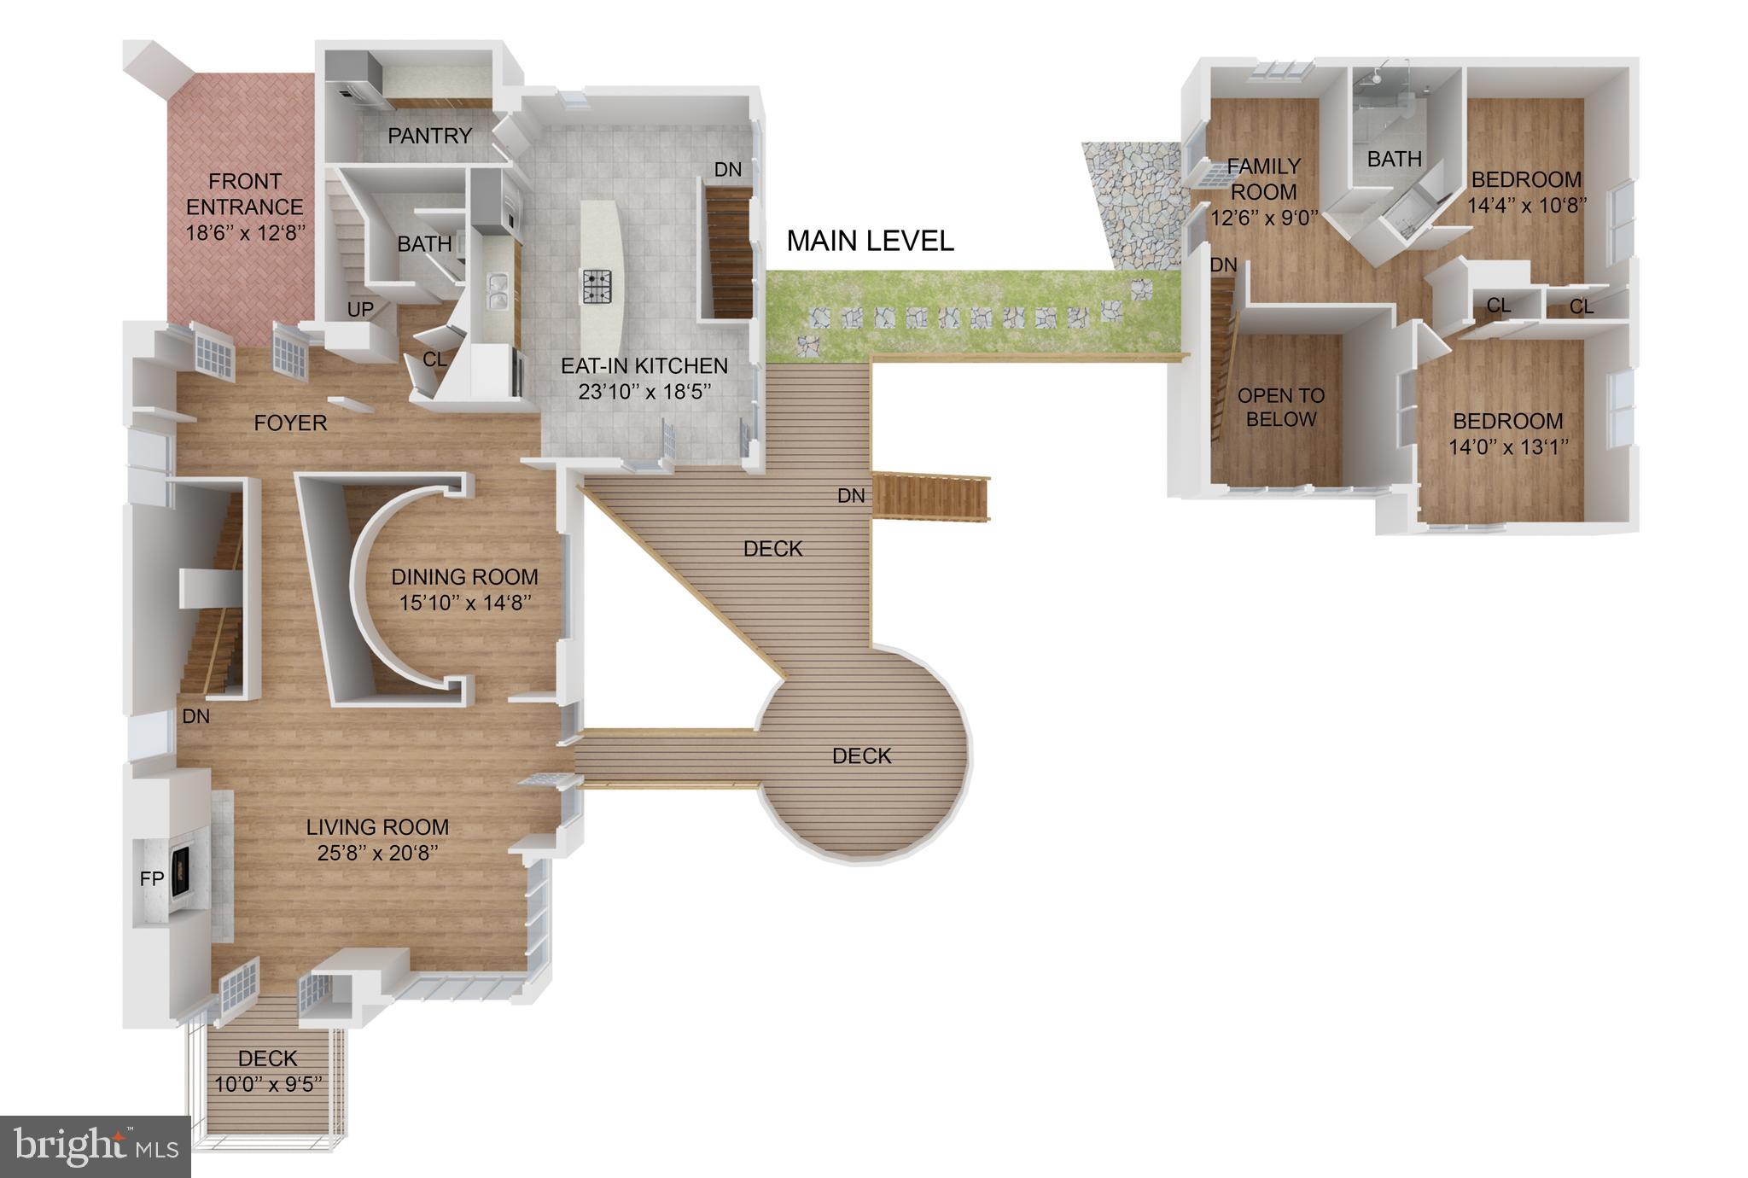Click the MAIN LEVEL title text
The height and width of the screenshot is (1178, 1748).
pos(869,242)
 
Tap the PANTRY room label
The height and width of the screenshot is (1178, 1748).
pos(429,136)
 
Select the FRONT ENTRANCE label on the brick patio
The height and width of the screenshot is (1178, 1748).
pos(245,194)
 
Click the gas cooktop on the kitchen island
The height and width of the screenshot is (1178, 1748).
pos(597,286)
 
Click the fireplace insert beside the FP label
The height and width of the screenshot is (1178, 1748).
pos(180,872)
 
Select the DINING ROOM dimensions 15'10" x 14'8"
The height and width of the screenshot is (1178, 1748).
pos(465,603)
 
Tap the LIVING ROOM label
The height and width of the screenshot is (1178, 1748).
pos(377,827)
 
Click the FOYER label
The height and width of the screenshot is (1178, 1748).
pos(290,423)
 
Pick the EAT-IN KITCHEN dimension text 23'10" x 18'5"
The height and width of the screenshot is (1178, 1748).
pos(644,392)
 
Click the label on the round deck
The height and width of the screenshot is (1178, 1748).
pos(861,755)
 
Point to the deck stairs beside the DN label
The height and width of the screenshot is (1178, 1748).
pos(932,496)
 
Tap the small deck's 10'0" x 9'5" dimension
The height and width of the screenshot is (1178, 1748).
pos(268,1085)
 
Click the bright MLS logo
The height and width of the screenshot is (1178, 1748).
pos(95,1146)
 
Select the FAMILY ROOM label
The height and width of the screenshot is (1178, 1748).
pos(1264,178)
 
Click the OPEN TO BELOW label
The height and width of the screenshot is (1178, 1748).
pos(1280,407)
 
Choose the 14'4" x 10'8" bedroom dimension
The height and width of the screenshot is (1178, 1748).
pos(1526,206)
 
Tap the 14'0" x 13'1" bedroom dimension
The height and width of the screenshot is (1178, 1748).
pos(1508,447)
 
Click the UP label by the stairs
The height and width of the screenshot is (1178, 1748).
pos(360,309)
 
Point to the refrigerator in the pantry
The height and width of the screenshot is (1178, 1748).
pos(358,78)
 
